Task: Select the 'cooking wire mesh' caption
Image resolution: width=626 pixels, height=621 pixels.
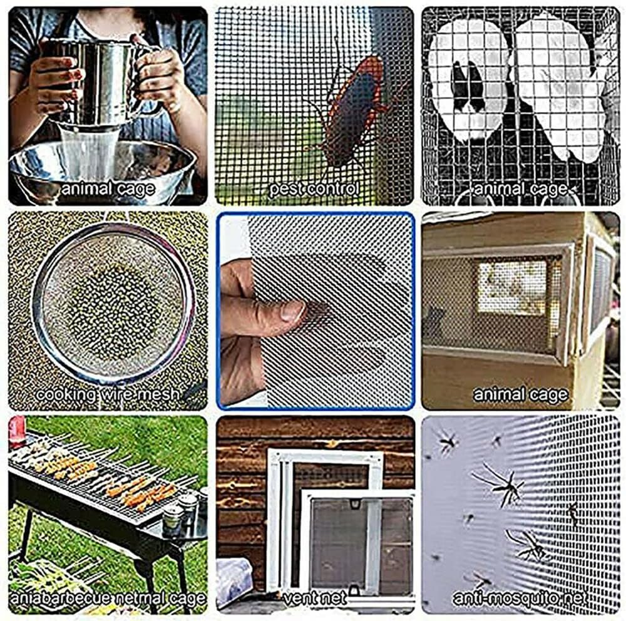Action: click(107, 394)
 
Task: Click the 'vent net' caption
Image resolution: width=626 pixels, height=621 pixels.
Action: click(314, 598)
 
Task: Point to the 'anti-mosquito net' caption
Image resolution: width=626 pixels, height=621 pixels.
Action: click(519, 598)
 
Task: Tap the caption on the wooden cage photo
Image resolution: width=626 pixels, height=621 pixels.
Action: click(520, 394)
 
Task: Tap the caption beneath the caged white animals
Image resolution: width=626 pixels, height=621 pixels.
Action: click(520, 188)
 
